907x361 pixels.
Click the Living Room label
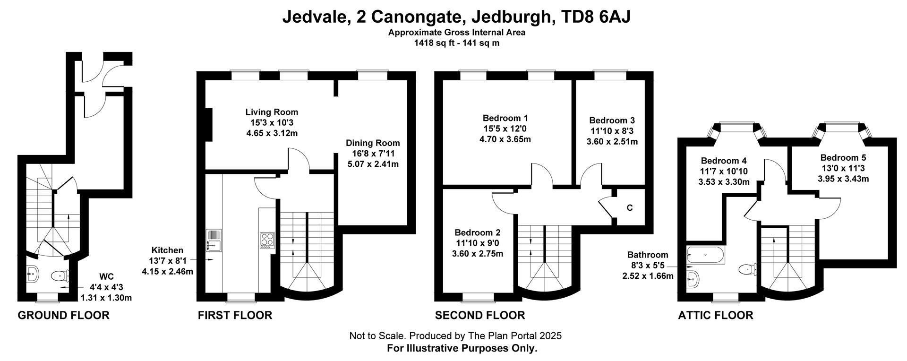tap(272, 112)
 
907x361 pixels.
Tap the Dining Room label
tap(373, 143)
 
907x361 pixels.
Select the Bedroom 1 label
tap(505, 118)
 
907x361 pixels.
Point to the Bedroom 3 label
tap(612, 120)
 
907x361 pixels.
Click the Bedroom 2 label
tap(478, 232)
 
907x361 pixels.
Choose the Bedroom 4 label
tap(724, 161)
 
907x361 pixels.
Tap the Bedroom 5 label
tap(843, 158)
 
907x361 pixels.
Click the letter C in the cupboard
tap(630, 208)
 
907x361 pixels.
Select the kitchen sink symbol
tap(214, 240)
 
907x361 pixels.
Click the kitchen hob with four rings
tap(266, 241)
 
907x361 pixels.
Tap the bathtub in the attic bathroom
tap(705, 255)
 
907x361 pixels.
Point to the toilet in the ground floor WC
tap(60, 275)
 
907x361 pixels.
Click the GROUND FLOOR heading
tap(63, 315)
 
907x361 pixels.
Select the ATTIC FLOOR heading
tap(716, 315)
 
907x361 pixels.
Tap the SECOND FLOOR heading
tap(480, 315)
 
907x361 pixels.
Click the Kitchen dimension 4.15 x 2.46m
tap(168, 272)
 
